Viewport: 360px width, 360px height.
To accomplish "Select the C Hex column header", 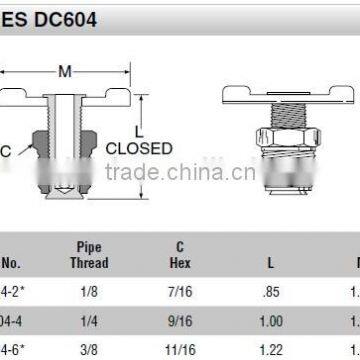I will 180,255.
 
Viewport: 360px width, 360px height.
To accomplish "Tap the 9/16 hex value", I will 180,322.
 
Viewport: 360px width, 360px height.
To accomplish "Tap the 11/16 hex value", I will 180,349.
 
